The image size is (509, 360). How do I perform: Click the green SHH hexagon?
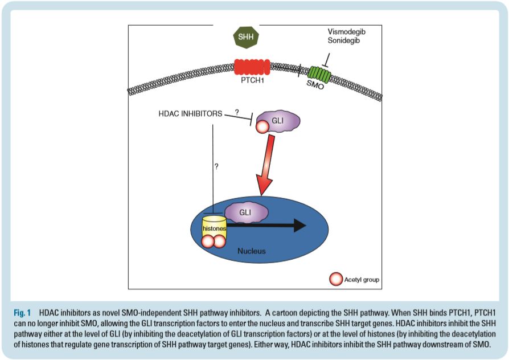[x=247, y=38]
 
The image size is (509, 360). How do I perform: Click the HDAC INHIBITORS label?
[x=190, y=114]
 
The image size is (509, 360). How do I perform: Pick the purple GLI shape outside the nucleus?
[x=278, y=121]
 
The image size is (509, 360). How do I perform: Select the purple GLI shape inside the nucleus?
[x=245, y=212]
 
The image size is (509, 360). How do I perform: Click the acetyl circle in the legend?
[x=336, y=280]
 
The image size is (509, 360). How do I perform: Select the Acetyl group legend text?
[x=362, y=280]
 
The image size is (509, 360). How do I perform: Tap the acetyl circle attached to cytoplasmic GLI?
[x=263, y=126]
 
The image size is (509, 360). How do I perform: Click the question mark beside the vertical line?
[x=216, y=167]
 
